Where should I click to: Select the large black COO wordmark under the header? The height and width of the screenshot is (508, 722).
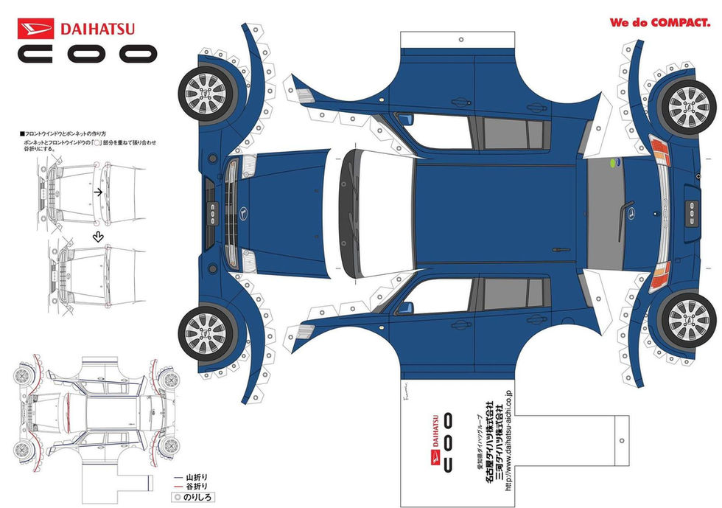(x=88, y=54)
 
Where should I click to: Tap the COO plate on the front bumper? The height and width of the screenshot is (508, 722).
(x=211, y=209)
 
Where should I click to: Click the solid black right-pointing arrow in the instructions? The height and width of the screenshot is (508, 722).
(x=97, y=192)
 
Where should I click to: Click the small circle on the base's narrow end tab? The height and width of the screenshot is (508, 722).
(x=622, y=440)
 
